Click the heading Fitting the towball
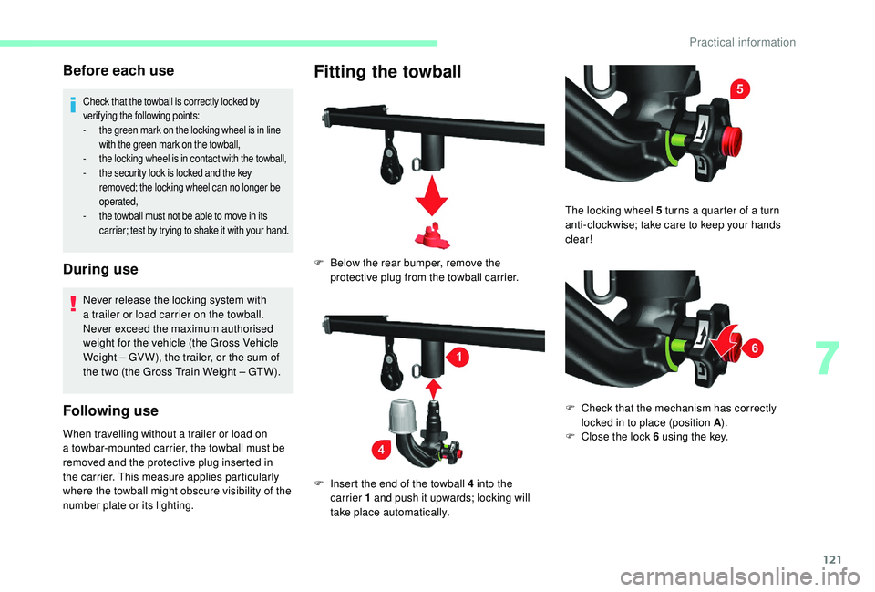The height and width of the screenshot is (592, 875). pos(387,71)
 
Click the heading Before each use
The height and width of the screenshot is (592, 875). pos(118,69)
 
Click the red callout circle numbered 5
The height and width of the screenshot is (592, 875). pos(739,89)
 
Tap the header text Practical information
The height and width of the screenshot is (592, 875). pos(742,42)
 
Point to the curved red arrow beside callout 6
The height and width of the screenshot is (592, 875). pos(726,342)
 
